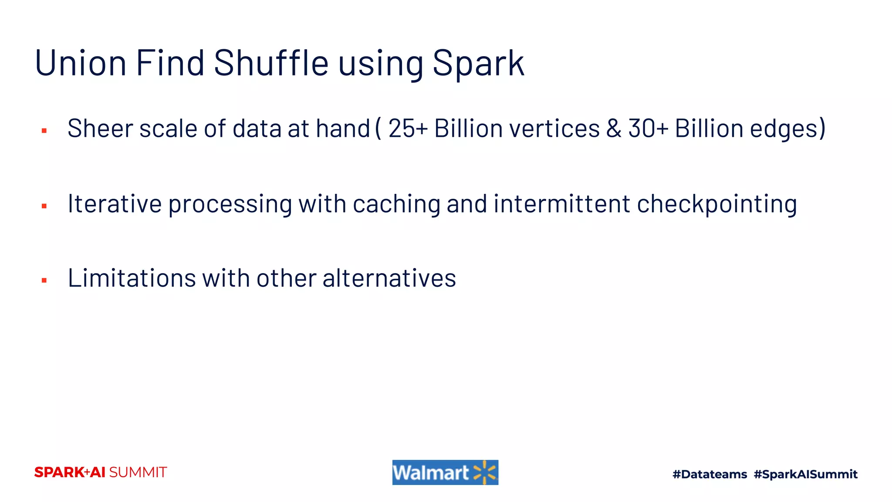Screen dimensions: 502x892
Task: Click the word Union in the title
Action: click(x=81, y=63)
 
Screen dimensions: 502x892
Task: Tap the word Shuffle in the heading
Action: click(x=271, y=63)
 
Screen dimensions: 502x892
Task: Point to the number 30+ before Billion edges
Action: click(x=648, y=129)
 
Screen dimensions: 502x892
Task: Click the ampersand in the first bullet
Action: click(x=613, y=129)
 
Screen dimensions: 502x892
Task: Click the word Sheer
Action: click(x=100, y=129)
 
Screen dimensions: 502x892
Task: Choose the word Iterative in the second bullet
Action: click(x=115, y=204)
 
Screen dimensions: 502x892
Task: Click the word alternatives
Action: click(x=389, y=278)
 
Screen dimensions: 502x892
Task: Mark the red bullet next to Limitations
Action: click(x=44, y=280)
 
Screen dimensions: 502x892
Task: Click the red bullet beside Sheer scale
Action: click(x=44, y=131)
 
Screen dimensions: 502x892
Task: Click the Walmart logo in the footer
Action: click(x=445, y=472)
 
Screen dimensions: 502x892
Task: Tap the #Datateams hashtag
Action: click(x=710, y=474)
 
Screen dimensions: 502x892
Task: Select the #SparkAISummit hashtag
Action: click(x=805, y=474)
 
